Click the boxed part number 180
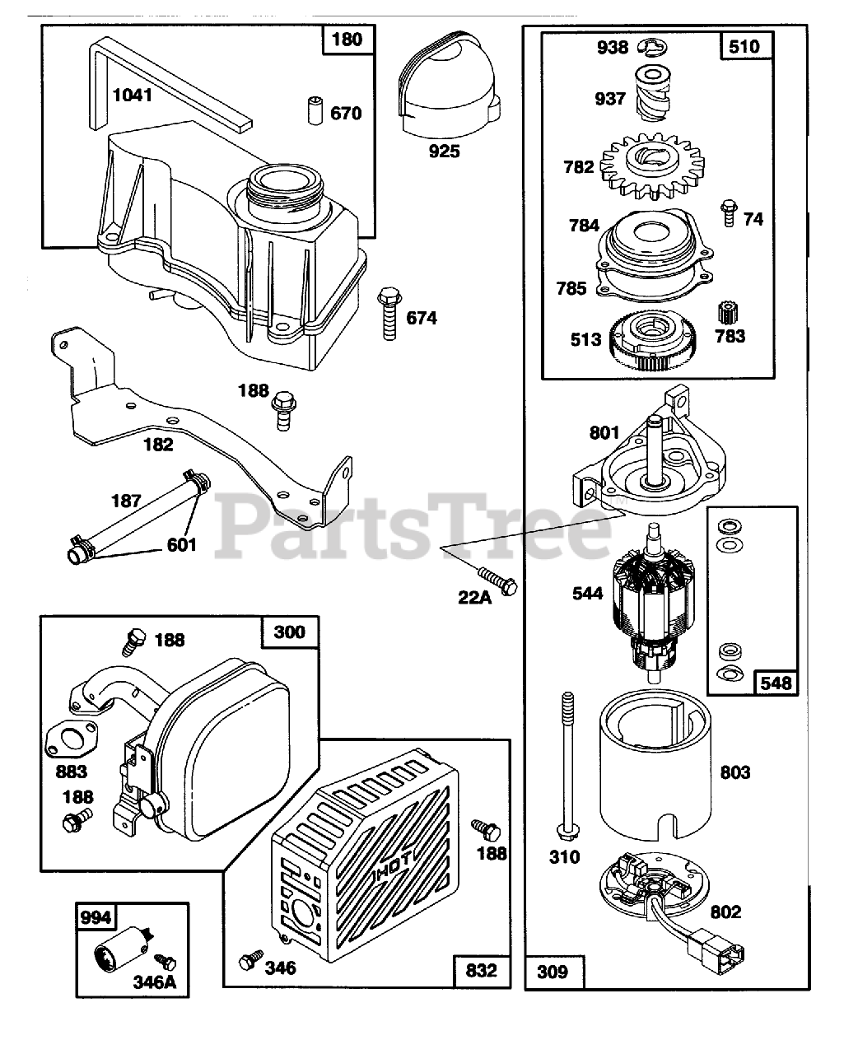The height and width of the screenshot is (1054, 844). tap(347, 39)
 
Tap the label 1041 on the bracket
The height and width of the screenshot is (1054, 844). tap(133, 95)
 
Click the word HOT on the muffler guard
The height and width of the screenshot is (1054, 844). tap(395, 871)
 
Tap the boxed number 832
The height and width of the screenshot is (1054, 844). tap(481, 970)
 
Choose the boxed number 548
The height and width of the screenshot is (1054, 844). tap(776, 682)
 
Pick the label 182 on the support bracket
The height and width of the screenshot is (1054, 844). tap(158, 445)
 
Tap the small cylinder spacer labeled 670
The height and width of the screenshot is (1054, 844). tap(314, 110)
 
